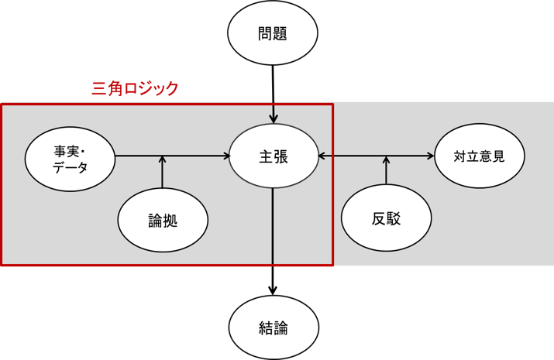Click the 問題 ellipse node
273,35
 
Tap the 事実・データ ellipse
71,158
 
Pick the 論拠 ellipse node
163,220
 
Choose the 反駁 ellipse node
386,219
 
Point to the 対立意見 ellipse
480,156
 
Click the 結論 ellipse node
273,327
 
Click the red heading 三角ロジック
135,88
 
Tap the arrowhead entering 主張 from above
273,119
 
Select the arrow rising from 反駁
386,171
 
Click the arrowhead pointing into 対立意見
430,156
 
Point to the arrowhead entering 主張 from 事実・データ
226,156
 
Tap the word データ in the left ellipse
71,166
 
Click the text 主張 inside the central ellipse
273,156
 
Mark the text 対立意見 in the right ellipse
480,156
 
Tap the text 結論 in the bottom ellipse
273,327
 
